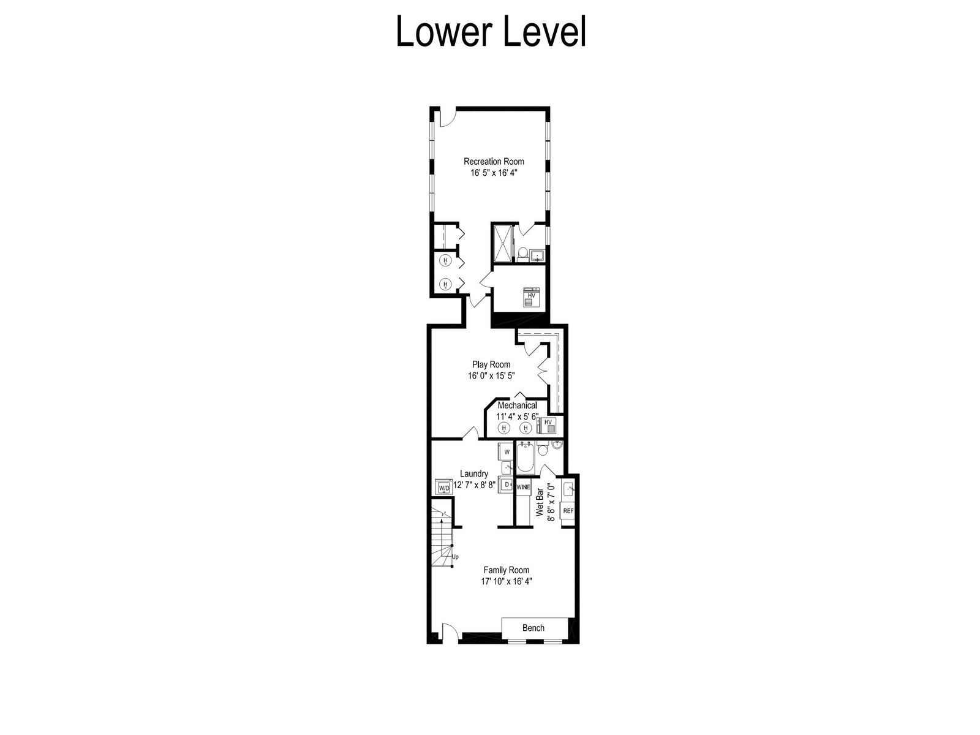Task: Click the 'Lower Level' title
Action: [x=491, y=31]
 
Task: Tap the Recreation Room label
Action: [x=494, y=162]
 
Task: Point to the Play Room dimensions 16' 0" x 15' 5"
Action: [x=491, y=375]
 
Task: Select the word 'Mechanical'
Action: [x=518, y=405]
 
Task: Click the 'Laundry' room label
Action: [x=473, y=473]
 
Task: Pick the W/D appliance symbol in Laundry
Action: [x=444, y=487]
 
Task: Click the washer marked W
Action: [x=507, y=451]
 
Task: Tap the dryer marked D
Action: [x=507, y=484]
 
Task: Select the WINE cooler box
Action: [x=523, y=488]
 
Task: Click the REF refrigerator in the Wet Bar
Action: [x=568, y=511]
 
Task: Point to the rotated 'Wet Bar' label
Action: [x=540, y=502]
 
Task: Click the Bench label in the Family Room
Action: [x=533, y=628]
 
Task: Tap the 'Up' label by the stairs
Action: [x=455, y=557]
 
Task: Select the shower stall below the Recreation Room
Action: [x=503, y=243]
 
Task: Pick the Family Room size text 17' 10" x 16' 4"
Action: [x=507, y=581]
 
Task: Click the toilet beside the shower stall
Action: [x=522, y=254]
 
